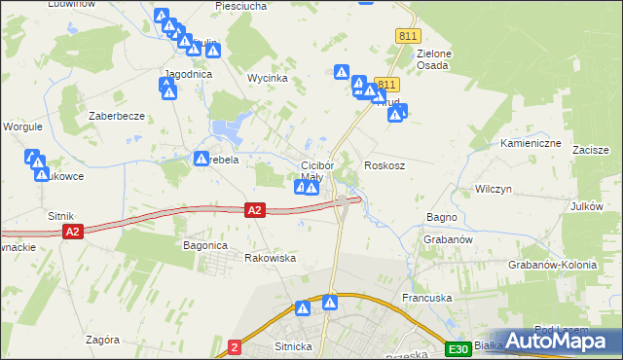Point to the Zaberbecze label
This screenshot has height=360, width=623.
pyautogui.click(x=117, y=115)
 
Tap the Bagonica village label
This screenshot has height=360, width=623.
pyautogui.click(x=205, y=246)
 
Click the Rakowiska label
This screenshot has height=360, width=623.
pyautogui.click(x=270, y=258)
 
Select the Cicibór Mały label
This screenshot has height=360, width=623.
pyautogui.click(x=317, y=171)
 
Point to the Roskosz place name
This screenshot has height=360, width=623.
pyautogui.click(x=384, y=165)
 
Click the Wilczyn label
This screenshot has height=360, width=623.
pyautogui.click(x=494, y=188)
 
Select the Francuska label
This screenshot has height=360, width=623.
pyautogui.click(x=423, y=298)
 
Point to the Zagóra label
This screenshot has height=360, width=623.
pyautogui.click(x=102, y=340)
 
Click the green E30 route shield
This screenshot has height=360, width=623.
pyautogui.click(x=459, y=348)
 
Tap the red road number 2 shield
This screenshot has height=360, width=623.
pyautogui.click(x=235, y=346)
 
